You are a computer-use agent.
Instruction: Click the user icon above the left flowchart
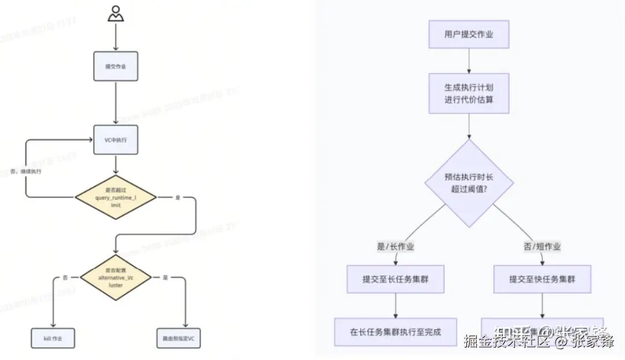coord(116,13)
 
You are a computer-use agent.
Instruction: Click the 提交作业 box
coord(116,67)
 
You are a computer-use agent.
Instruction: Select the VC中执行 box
coord(116,139)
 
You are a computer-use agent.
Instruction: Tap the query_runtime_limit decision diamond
coord(116,198)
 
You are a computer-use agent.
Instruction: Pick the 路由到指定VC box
coord(178,338)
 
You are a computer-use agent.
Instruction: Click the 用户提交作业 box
coord(469,35)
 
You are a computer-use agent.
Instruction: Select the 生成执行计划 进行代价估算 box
coord(469,93)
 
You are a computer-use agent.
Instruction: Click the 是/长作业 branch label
coord(396,247)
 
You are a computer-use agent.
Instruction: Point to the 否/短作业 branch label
coord(542,247)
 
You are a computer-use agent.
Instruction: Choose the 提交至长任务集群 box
coord(396,279)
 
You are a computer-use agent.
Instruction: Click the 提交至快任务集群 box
coord(542,279)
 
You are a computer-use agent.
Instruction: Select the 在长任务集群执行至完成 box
coord(396,332)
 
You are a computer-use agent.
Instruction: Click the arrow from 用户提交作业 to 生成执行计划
coord(469,61)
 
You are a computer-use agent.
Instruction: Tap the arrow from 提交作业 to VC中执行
coord(116,102)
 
